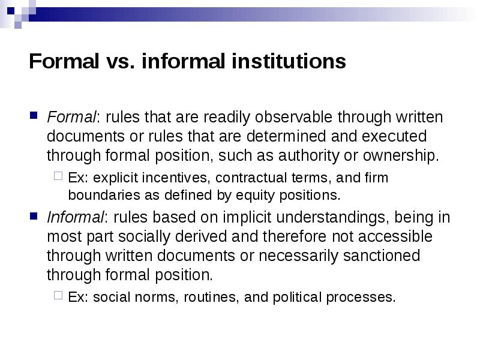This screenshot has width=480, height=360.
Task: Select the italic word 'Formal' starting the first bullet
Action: click(x=65, y=116)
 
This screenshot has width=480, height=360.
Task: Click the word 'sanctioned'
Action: click(x=382, y=256)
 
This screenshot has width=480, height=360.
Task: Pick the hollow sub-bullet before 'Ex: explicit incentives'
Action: click(x=58, y=178)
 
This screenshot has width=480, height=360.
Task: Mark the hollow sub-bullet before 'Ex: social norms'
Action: click(x=58, y=296)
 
